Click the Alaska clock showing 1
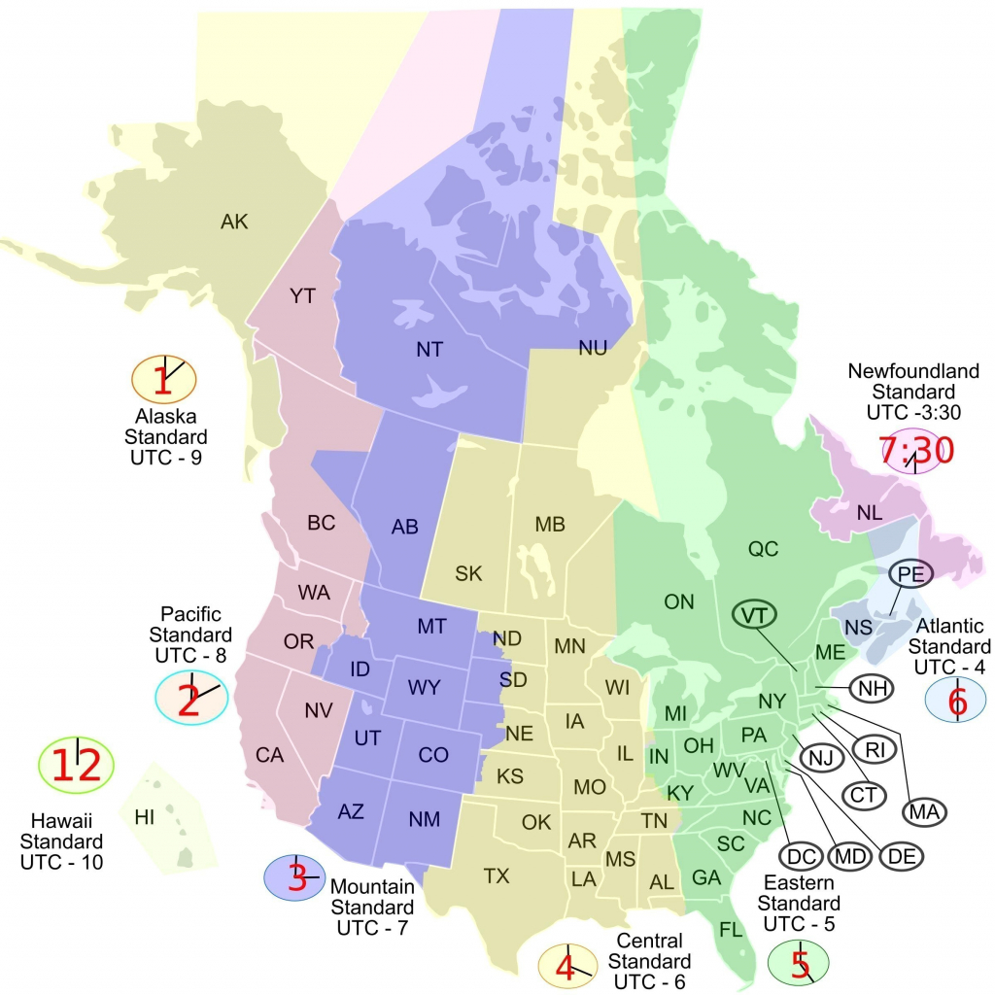coord(163,381)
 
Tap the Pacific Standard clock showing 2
coord(190,698)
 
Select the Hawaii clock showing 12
coord(77,766)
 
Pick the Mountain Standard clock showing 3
coord(296,877)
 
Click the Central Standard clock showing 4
coord(567,966)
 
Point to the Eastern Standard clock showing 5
coord(799,964)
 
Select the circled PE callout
coord(910,573)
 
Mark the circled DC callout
coord(801,856)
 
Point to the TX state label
coord(497,876)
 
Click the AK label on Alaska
coord(234,223)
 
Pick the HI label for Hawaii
coord(145,817)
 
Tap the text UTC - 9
coord(164,456)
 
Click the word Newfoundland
coord(900,371)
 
